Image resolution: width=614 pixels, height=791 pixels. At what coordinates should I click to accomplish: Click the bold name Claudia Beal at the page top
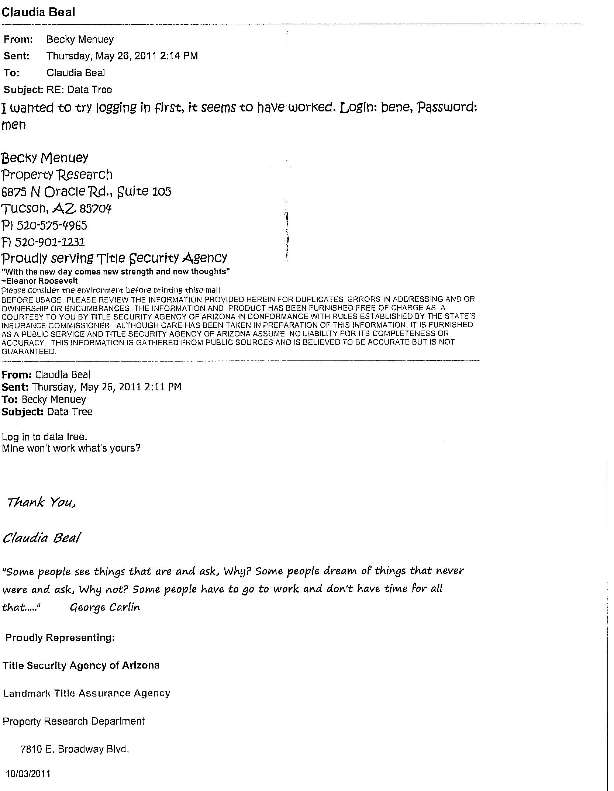pos(38,12)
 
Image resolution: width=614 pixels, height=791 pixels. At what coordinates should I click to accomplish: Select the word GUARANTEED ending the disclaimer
pos(29,352)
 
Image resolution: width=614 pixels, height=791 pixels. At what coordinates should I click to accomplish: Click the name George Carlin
pos(105,607)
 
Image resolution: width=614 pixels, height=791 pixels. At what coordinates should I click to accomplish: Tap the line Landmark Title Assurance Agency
pos(86,693)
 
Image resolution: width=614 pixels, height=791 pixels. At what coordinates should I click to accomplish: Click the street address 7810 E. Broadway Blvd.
pos(75,749)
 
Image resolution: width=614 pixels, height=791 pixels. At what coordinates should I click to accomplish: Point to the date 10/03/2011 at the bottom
pos(28,774)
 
